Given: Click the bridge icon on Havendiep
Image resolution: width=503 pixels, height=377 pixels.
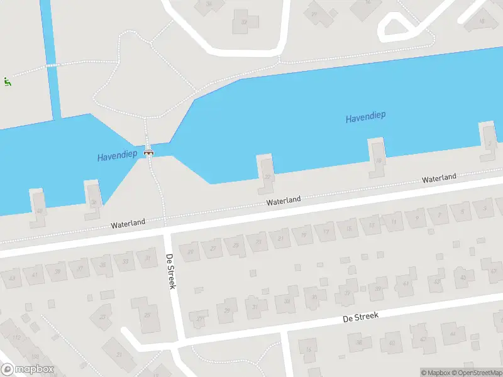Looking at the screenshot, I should pos(149,151).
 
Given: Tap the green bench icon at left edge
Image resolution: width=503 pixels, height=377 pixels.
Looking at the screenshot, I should pos(7,81).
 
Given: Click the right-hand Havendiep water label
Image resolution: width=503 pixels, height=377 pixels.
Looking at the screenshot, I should pos(365,116).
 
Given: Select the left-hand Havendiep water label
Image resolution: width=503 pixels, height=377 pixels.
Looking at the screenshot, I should pos(117,156).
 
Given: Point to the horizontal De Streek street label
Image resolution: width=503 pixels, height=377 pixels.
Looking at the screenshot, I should pos(360,317).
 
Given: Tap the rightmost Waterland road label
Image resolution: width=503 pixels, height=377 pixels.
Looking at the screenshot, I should pos(439,178).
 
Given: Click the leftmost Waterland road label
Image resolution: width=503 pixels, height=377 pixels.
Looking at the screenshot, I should pos(128,223).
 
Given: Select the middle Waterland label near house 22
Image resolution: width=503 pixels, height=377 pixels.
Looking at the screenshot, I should pos(283,201).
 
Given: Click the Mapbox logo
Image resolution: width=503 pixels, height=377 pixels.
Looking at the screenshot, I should pos(27,369).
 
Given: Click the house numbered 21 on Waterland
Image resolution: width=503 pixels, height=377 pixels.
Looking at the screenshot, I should pos(280,238).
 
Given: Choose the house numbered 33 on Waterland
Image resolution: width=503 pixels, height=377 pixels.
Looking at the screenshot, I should pos(125,261).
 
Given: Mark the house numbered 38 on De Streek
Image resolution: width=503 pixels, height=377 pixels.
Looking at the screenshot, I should pos(358,341).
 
